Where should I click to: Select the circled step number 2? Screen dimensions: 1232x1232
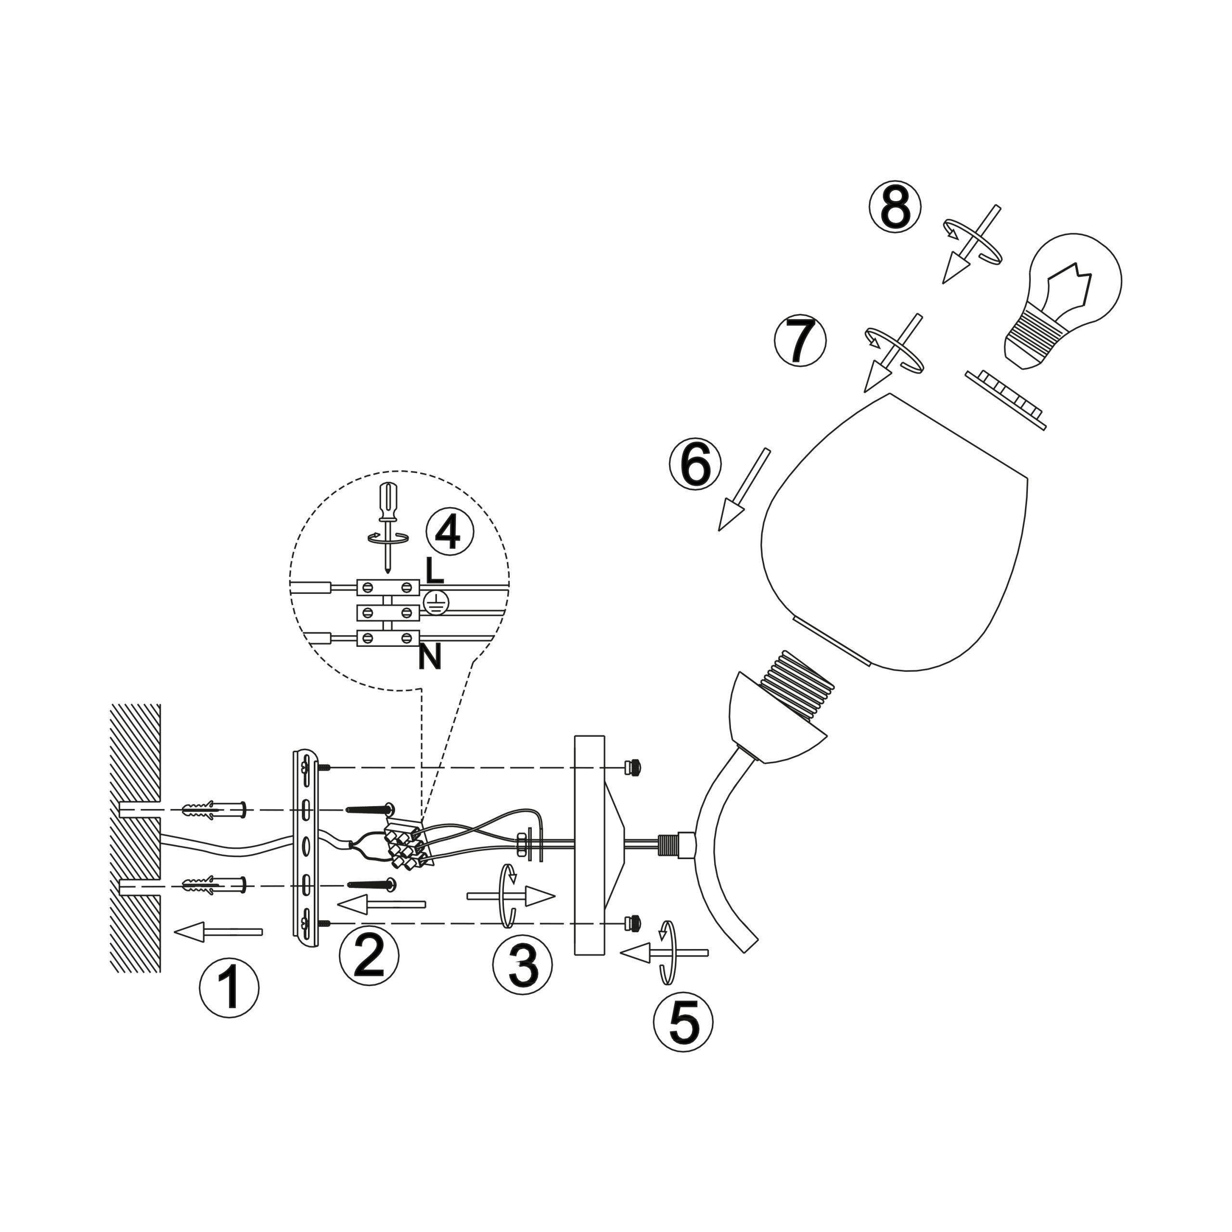click(369, 955)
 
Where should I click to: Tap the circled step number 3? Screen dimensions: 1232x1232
click(523, 963)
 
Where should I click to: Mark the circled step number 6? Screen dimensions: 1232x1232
click(695, 463)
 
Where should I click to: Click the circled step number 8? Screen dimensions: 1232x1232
click(895, 206)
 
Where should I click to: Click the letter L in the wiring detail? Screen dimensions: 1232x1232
click(434, 571)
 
